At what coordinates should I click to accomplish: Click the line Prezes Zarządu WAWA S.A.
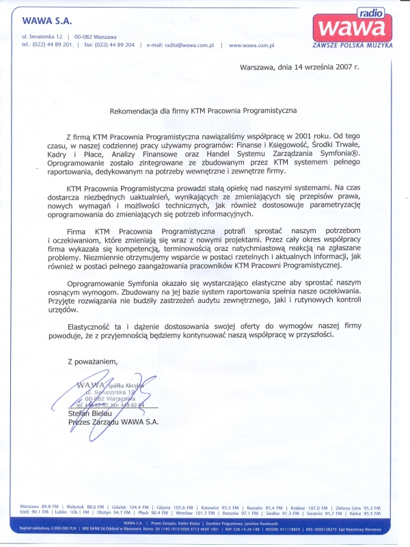pyautogui.click(x=113, y=423)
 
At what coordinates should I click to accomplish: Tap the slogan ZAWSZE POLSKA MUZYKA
pyautogui.click(x=351, y=44)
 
